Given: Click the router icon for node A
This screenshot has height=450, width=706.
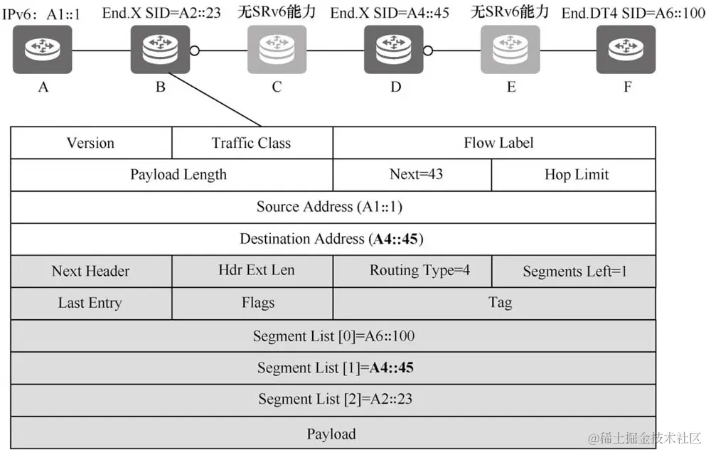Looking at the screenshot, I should [43, 50].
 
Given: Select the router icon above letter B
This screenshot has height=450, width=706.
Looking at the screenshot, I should [161, 50].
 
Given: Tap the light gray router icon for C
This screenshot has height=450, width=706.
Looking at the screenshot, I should [277, 50].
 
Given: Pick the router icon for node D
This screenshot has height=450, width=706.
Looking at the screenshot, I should [395, 50].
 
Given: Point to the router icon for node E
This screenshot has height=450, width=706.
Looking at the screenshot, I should [511, 50].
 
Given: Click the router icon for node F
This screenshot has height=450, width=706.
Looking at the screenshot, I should [626, 50].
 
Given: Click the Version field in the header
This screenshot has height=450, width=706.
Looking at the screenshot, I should [91, 143].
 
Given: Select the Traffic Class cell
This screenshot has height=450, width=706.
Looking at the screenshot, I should [252, 143].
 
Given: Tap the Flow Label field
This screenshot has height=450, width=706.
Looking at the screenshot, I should [498, 143].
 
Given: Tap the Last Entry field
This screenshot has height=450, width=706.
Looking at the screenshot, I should [90, 303].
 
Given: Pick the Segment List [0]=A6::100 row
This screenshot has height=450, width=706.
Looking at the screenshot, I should [333, 336].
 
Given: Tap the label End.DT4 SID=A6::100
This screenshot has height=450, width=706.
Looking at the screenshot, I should [633, 13].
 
